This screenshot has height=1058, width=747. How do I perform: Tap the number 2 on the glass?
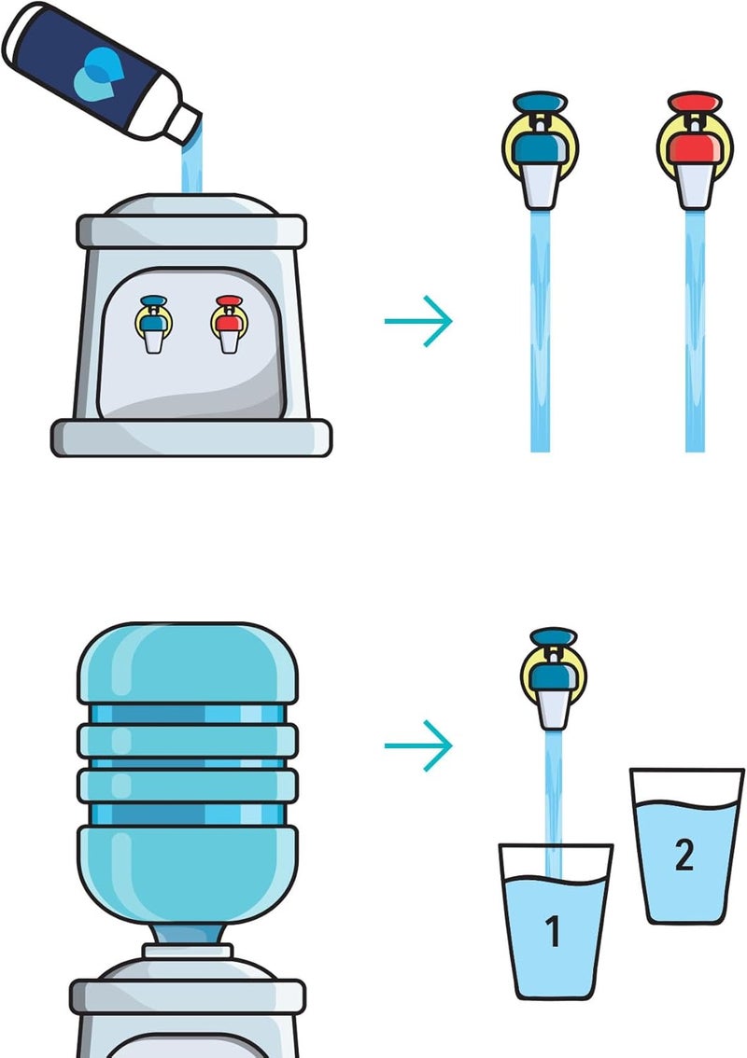[684, 855]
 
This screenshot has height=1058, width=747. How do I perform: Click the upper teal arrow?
[418, 322]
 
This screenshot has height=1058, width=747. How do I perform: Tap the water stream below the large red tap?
[694, 336]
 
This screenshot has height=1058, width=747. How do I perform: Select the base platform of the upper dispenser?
[191, 437]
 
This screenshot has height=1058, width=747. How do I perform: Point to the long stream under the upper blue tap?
[541, 336]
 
